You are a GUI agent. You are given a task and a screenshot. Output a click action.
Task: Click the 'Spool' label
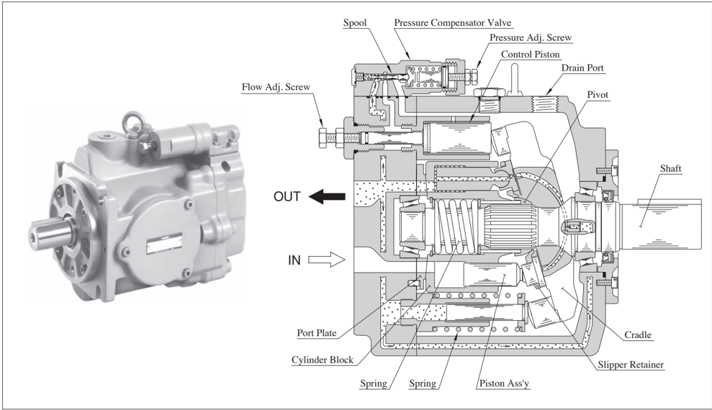coord(355,23)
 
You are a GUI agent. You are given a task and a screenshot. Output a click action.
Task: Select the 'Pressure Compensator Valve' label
coord(452,23)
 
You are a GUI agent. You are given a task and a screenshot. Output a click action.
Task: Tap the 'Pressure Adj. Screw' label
coord(531,37)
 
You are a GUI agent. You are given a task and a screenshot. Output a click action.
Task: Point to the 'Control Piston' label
coord(531,55)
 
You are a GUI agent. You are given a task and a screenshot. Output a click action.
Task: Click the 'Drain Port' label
coord(582,68)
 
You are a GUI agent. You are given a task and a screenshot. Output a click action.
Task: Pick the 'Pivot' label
coord(598,95)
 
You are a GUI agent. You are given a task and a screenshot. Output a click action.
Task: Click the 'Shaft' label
coord(671,169)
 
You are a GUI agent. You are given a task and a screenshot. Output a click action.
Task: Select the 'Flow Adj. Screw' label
coord(276,86)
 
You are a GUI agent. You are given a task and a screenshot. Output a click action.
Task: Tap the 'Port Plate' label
coord(317,333)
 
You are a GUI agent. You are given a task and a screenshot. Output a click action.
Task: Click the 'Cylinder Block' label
coord(323,360)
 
